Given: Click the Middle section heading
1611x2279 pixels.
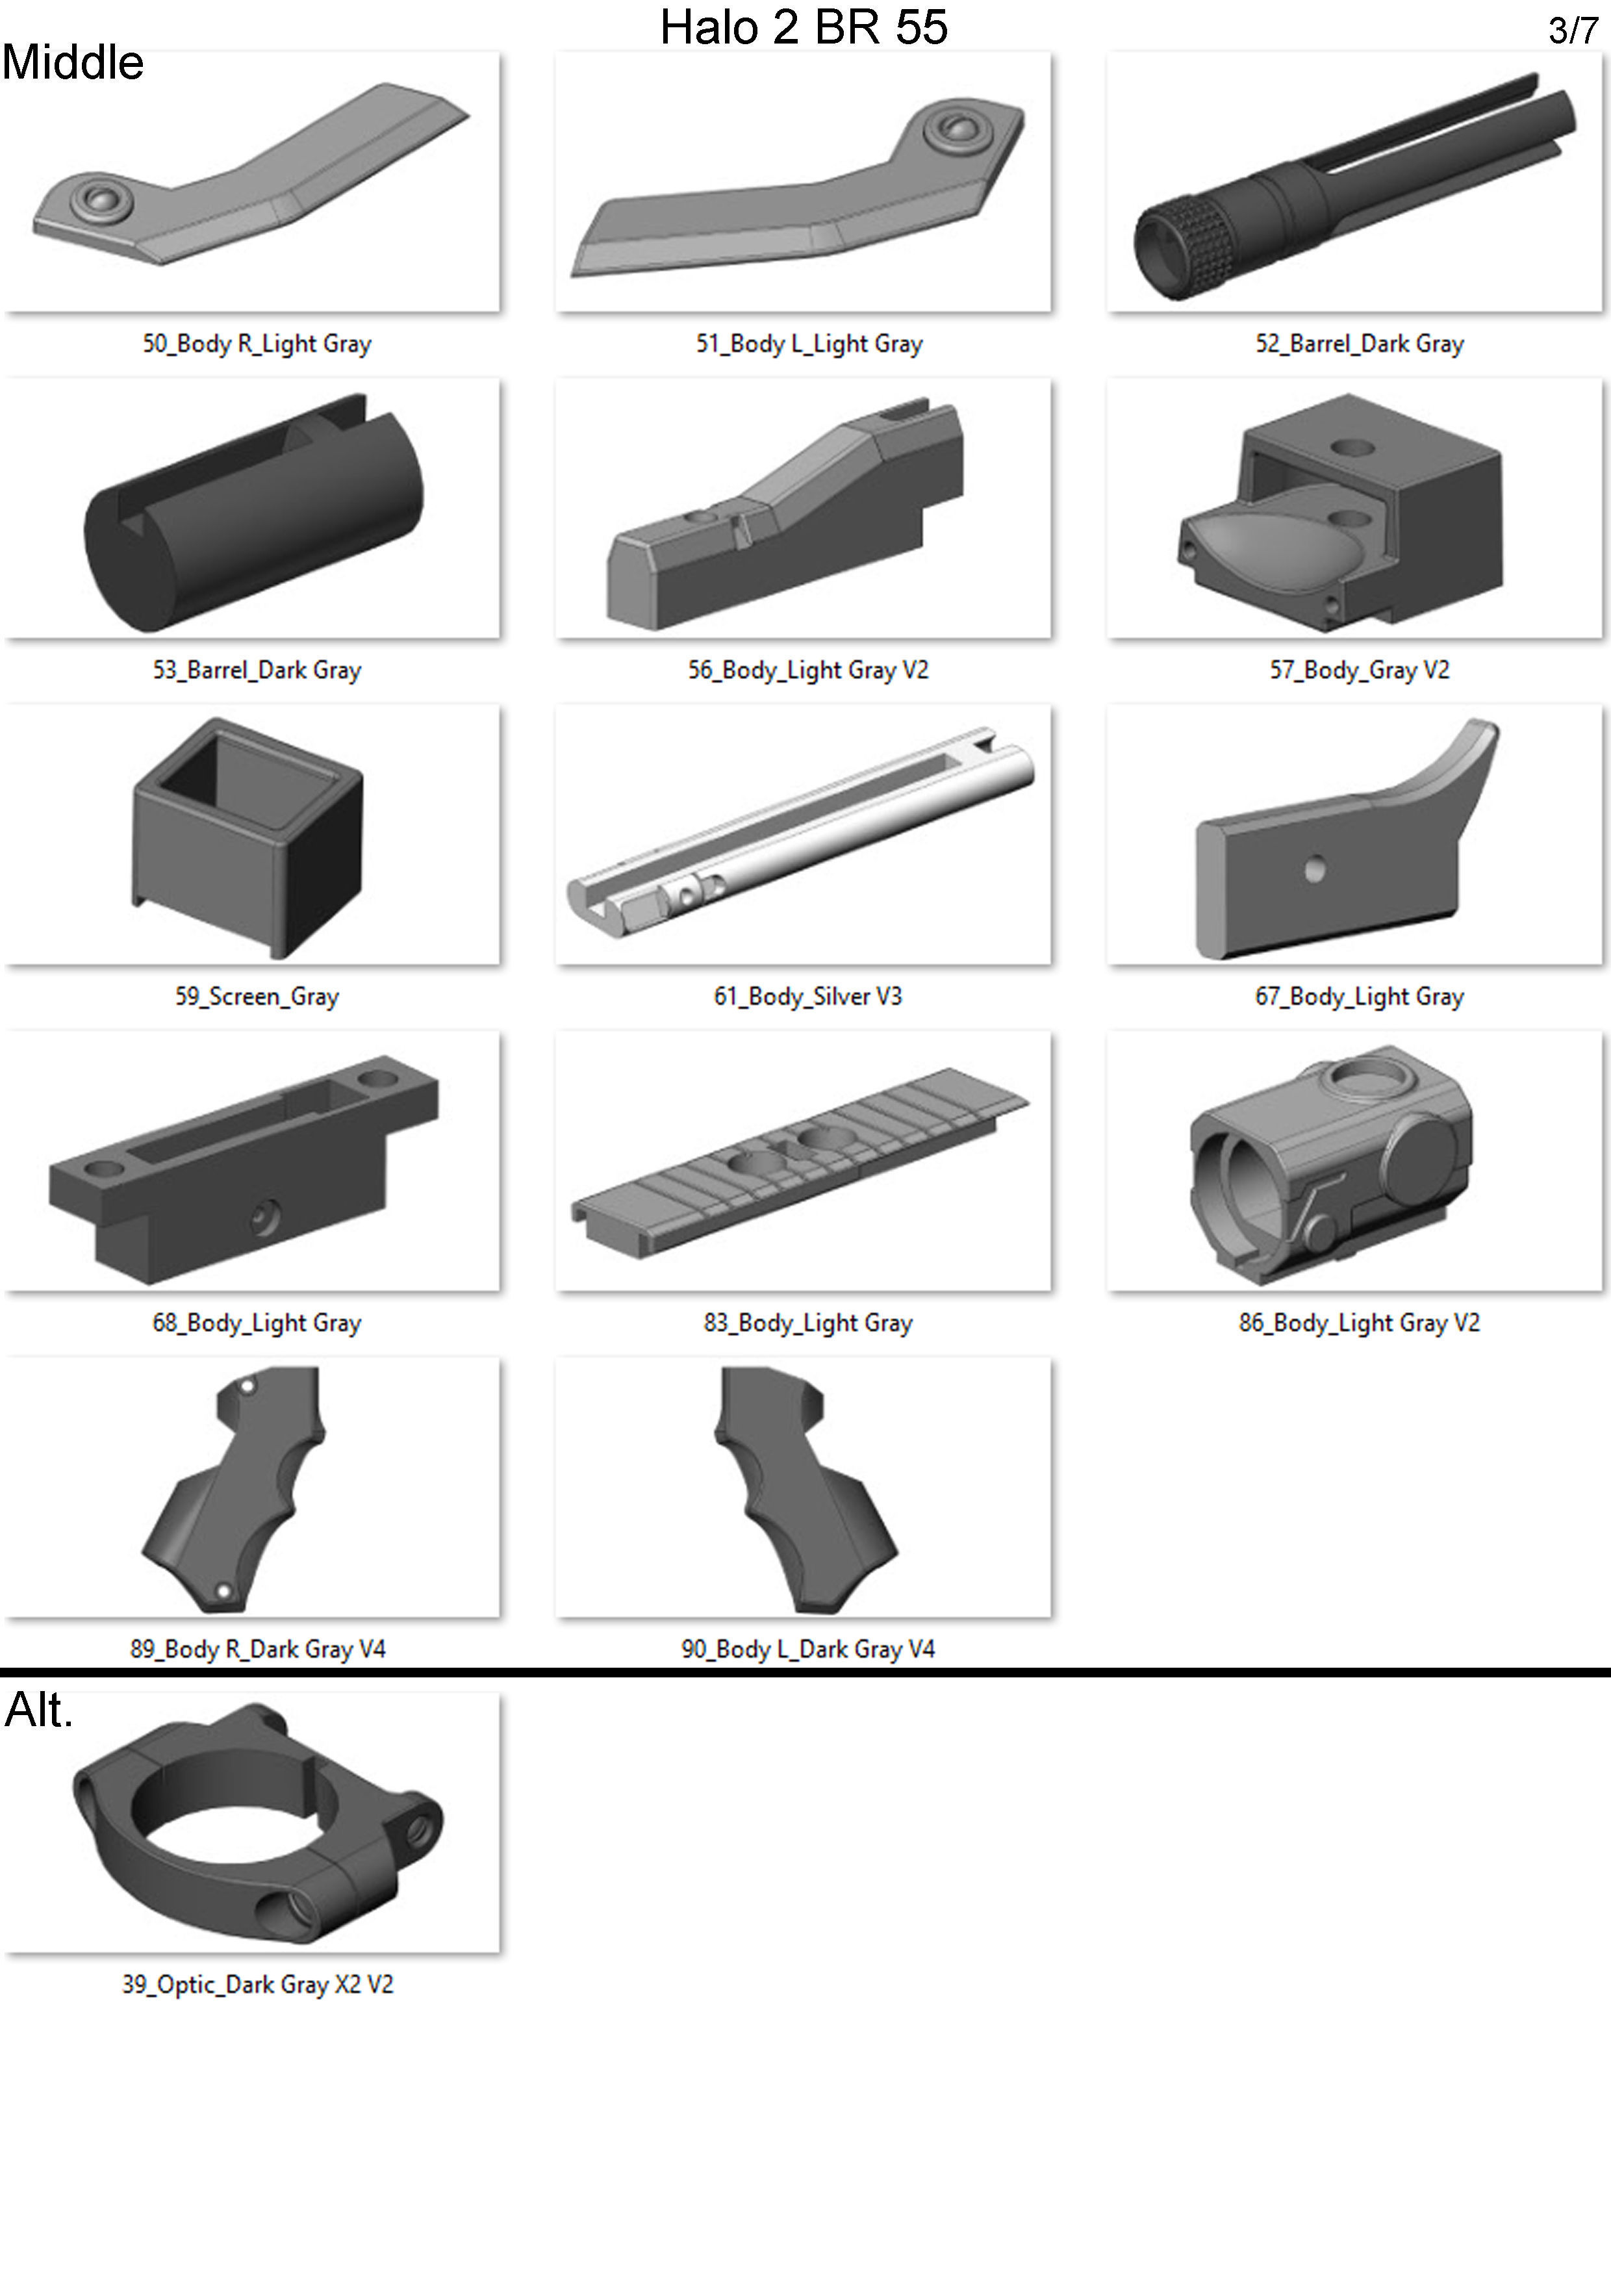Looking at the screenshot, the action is (x=73, y=62).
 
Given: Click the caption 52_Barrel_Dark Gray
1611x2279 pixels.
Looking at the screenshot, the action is (x=1359, y=344).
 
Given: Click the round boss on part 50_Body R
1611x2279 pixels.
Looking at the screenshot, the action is (x=97, y=199).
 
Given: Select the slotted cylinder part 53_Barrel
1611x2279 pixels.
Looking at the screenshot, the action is (x=253, y=512).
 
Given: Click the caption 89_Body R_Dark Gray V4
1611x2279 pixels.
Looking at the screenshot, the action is (x=257, y=1649).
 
